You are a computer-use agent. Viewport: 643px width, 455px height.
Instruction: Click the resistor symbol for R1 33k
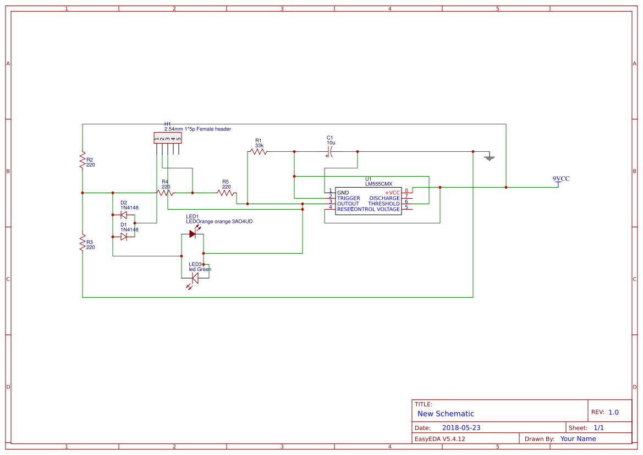point(258,151)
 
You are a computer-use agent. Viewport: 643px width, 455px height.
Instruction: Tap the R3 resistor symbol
point(83,242)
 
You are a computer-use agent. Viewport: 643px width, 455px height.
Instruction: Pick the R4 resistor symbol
point(165,193)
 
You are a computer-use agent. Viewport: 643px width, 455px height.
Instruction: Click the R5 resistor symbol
point(226,193)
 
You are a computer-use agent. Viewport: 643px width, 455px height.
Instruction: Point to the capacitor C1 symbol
point(331,151)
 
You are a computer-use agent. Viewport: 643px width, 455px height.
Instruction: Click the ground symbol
point(489,157)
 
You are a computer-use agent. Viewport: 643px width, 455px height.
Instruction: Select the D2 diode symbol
point(124,215)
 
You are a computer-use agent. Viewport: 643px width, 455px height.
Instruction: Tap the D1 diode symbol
point(124,237)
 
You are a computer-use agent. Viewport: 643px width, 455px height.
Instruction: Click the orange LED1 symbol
point(193,233)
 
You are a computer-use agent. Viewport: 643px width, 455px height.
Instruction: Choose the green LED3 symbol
point(194,278)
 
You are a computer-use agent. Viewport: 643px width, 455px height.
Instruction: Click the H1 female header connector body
point(167,138)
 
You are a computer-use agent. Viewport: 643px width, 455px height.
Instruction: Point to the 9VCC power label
point(560,179)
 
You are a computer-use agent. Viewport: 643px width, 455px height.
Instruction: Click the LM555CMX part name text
point(378,184)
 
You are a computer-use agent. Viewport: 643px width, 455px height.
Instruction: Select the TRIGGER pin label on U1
point(349,198)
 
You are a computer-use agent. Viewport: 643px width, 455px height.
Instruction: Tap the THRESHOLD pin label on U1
point(384,204)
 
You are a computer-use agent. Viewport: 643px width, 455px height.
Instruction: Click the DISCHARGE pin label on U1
point(384,198)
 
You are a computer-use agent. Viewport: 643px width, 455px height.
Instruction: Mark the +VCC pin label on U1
point(392,193)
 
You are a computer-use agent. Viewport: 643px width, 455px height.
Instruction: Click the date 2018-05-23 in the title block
point(461,427)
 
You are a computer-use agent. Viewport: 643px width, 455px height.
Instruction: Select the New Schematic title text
point(446,414)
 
